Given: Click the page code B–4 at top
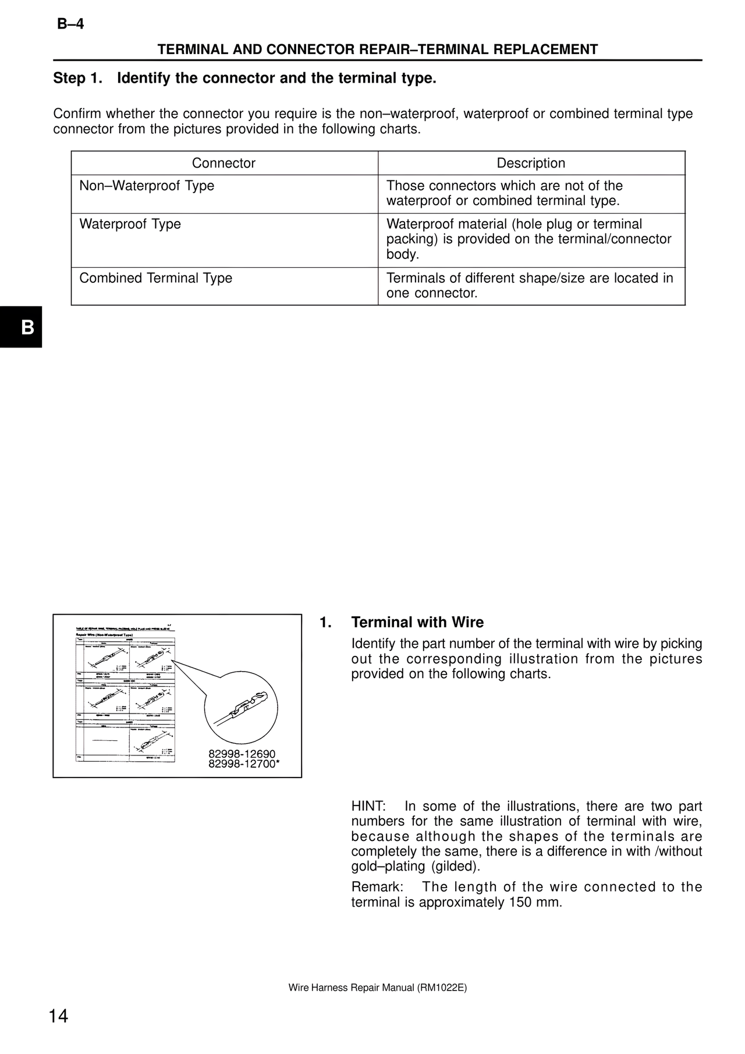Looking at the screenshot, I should (x=70, y=24).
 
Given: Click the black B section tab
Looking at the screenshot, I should (x=22, y=327).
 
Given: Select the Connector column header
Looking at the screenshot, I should (x=223, y=164).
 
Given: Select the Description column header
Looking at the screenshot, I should (x=531, y=164).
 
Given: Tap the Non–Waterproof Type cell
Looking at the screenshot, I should (x=147, y=186).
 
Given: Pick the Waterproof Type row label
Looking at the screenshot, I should (x=130, y=225).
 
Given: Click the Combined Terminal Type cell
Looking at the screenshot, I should (x=155, y=278).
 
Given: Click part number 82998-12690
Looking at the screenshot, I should (x=242, y=754).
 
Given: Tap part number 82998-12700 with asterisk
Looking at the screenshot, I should (x=244, y=764).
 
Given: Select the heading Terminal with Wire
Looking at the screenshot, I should (x=417, y=623).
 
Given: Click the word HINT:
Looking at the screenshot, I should (x=368, y=807).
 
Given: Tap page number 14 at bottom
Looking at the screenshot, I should (x=58, y=1017).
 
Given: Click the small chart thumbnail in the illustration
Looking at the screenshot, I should (x=125, y=695).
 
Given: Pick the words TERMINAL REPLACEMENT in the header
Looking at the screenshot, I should (x=508, y=50).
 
